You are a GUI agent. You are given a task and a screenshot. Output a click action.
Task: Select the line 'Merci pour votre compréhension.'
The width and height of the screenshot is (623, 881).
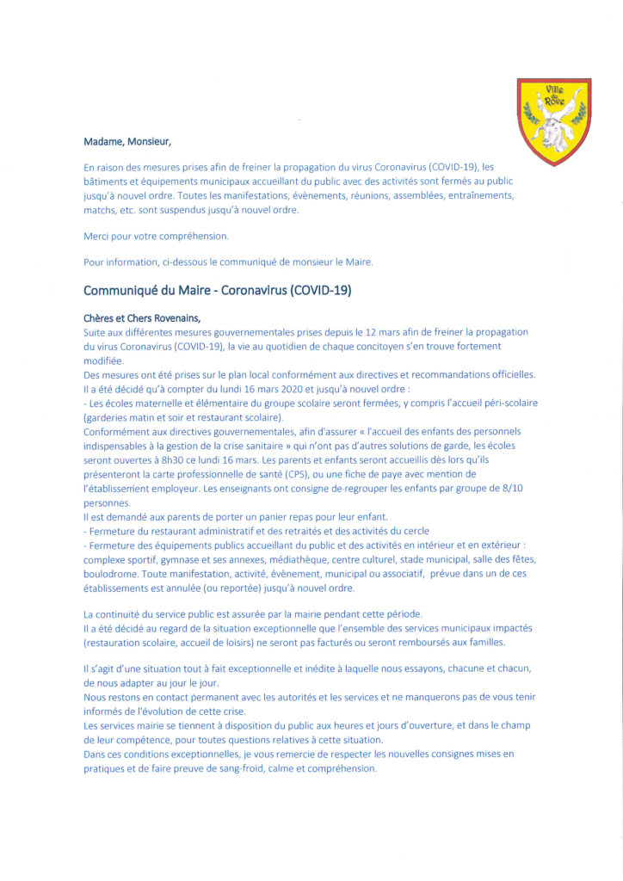[x=156, y=236]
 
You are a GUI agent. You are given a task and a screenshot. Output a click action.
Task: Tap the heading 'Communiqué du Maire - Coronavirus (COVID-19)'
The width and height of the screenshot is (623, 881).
[x=217, y=290]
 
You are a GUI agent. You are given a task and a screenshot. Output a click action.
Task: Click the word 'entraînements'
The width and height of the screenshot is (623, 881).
[x=475, y=195]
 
